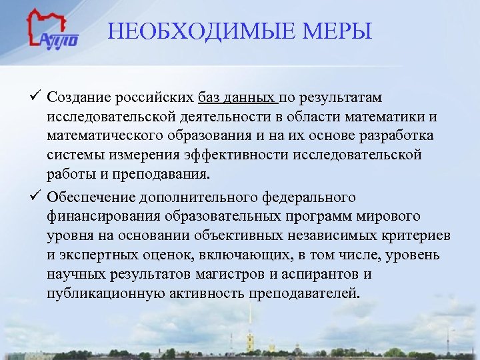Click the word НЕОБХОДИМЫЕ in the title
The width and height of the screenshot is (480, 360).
tap(181, 31)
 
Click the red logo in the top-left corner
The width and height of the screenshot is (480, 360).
tap(53, 30)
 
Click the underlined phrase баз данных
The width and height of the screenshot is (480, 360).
tap(237, 99)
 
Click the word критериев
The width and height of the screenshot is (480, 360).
tap(413, 236)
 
